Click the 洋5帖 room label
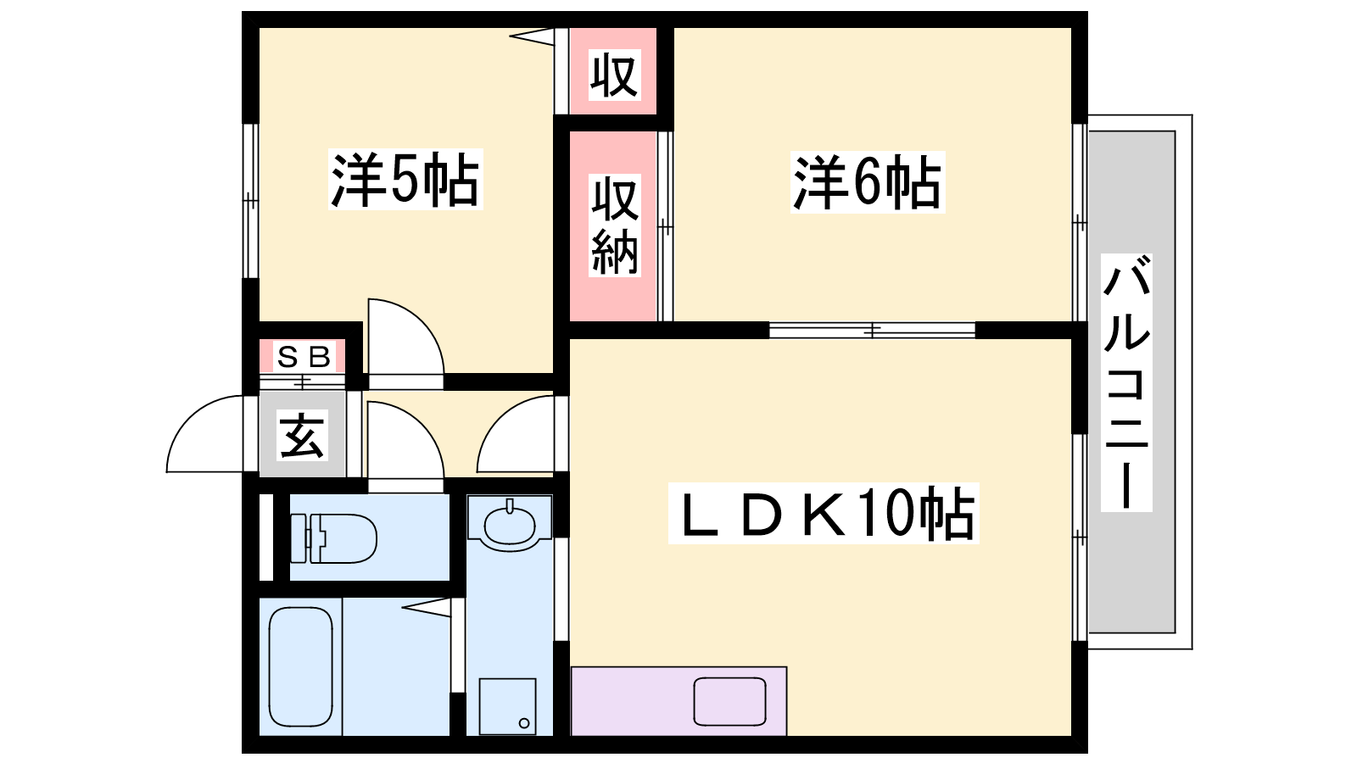405,180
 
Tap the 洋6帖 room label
868,182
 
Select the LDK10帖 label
824,514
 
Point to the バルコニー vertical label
1126,382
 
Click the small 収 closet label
614,75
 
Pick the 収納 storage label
614,226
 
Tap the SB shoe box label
303,357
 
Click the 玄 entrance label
302,435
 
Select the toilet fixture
334,539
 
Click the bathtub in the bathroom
300,666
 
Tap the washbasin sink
510,525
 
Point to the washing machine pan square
508,707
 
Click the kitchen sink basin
730,701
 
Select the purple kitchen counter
679,701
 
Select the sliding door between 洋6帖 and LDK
873,331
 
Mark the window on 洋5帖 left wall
251,200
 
